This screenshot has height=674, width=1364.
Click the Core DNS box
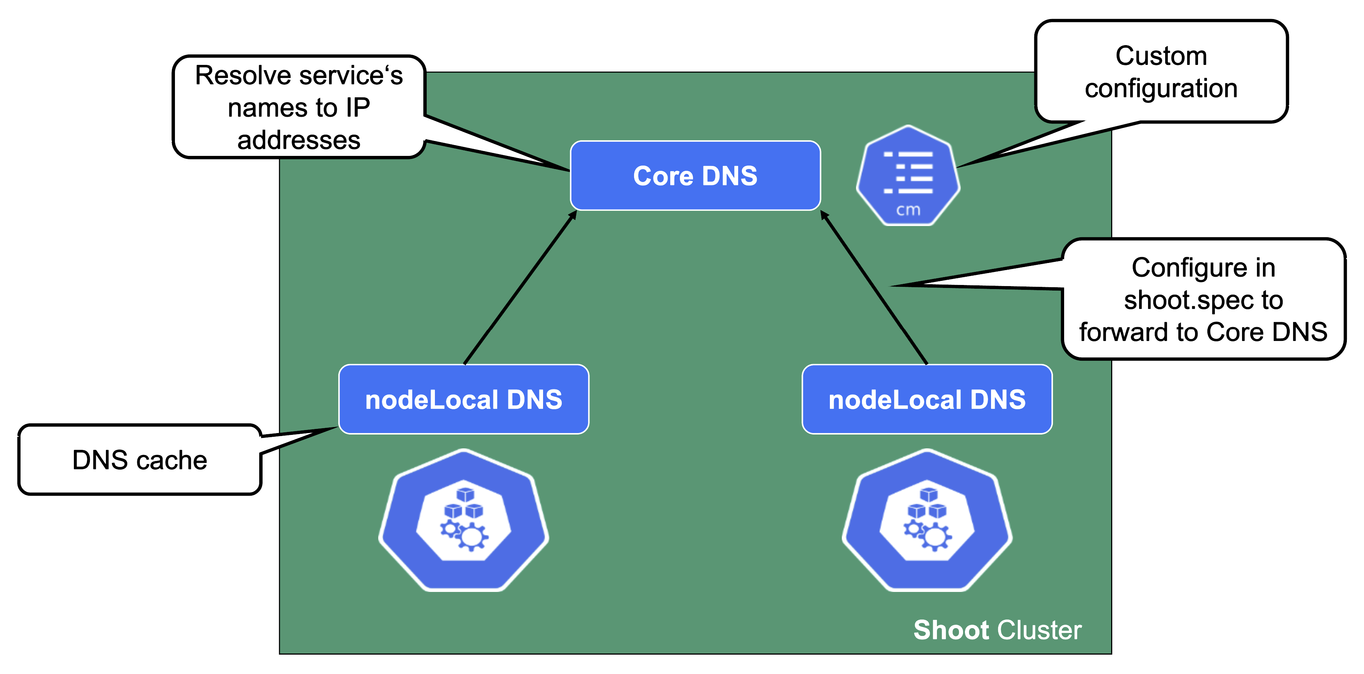click(695, 176)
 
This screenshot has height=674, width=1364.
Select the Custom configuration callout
click(1161, 72)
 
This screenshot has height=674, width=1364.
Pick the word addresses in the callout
click(299, 140)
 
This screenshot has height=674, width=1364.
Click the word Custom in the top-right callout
click(1161, 56)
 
